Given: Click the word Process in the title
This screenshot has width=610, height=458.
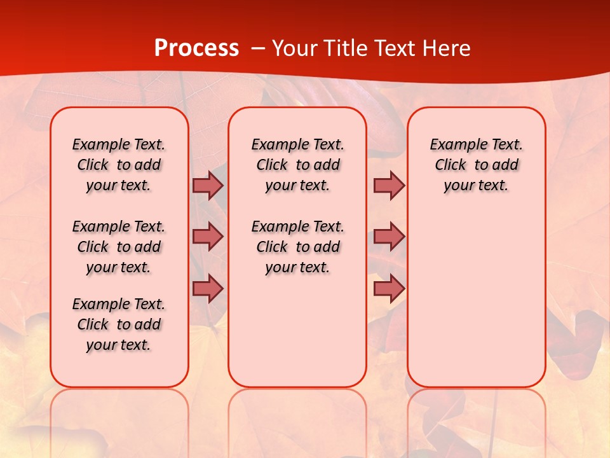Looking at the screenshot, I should click(196, 48).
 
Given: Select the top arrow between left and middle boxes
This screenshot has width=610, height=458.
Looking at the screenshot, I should click(208, 185).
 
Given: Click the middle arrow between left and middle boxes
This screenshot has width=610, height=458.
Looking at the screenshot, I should click(208, 237).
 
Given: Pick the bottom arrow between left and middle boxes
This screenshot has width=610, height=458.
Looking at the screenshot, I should click(208, 289).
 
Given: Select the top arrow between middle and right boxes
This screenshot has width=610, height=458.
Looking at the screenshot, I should click(389, 185).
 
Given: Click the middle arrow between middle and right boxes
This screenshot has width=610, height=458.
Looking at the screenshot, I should click(389, 237).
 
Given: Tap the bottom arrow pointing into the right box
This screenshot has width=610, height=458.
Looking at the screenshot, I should click(389, 289).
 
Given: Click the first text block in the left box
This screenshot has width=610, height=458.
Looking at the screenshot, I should click(119, 165).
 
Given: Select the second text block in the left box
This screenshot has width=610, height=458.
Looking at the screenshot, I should click(119, 247).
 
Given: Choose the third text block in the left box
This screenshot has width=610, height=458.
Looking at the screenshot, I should click(119, 324).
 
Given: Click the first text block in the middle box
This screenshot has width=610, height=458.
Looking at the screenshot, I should click(297, 165).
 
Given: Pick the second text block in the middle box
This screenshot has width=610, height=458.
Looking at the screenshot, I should click(297, 247).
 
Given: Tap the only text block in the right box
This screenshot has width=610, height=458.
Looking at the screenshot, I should click(476, 165).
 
